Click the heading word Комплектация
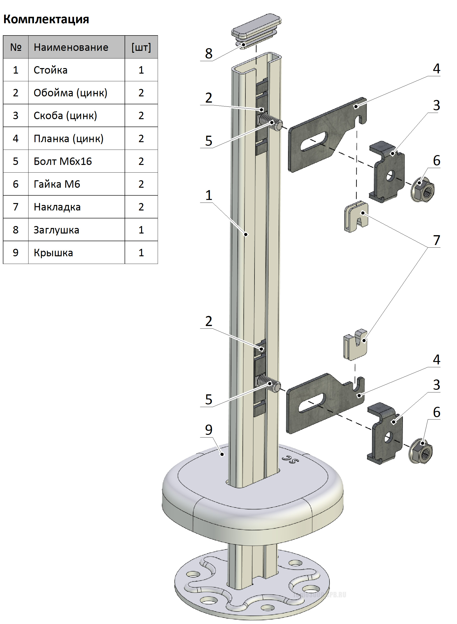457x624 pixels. (x=46, y=19)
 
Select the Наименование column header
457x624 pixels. (x=71, y=47)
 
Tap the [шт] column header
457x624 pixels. (x=141, y=47)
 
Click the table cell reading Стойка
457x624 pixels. (x=50, y=70)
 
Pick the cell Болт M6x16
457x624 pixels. (x=63, y=161)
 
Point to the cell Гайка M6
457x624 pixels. (x=57, y=184)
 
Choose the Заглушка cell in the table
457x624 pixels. (x=56, y=230)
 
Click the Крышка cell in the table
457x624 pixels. (x=53, y=253)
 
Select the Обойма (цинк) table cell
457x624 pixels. (x=70, y=93)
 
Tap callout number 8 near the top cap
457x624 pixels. (x=208, y=53)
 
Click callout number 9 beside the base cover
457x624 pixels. (x=208, y=430)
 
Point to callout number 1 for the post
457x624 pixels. (x=208, y=195)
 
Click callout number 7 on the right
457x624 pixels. (x=437, y=240)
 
